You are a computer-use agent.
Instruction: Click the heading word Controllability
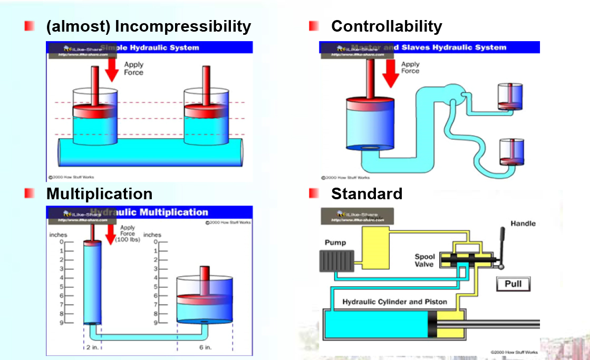[386, 26]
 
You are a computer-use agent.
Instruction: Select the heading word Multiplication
[99, 193]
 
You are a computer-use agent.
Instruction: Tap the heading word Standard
[366, 193]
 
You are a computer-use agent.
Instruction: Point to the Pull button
[513, 284]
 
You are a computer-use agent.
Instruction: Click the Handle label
[523, 223]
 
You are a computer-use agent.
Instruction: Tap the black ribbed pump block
[336, 261]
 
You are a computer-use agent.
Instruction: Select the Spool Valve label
[424, 260]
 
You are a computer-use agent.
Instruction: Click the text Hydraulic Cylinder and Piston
[395, 302]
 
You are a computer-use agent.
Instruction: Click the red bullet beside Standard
[314, 193]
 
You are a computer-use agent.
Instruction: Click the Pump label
[335, 242]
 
